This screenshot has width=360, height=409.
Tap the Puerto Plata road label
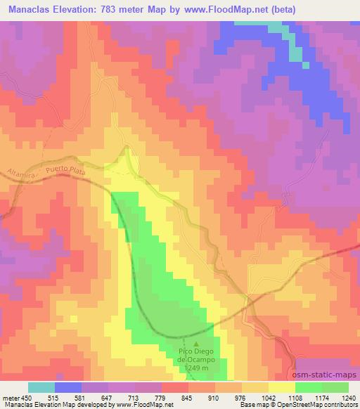pos(84,169)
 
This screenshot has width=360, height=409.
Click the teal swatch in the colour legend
pos(41,387)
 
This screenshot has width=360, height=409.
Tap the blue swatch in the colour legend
pos(68,387)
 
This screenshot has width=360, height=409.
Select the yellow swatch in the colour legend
pos(282,387)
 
